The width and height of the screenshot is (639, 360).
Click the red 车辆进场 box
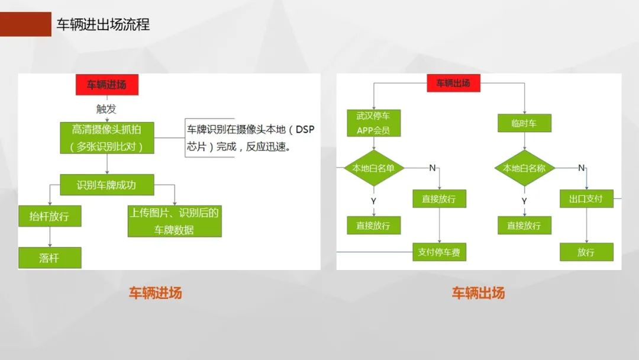[x=106, y=85]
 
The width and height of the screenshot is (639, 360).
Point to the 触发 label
[x=106, y=109]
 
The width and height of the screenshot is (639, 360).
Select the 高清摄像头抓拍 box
[x=106, y=137]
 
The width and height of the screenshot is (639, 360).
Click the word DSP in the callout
[x=305, y=130]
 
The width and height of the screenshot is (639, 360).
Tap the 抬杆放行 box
[x=49, y=216]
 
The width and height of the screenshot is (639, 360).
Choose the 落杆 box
[x=49, y=258]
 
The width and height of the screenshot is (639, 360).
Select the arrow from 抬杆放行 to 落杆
[x=49, y=237]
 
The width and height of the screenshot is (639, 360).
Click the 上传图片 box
[x=175, y=221]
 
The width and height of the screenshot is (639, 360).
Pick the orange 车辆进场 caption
[x=156, y=292]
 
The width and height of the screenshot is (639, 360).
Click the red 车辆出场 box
[x=453, y=83]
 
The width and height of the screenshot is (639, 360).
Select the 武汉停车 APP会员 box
[x=373, y=123]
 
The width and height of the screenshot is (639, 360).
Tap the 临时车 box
[x=524, y=123]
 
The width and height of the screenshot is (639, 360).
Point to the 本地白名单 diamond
[x=373, y=168]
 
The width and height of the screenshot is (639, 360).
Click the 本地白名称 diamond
[x=524, y=168]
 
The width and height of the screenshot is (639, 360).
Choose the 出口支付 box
[x=586, y=199]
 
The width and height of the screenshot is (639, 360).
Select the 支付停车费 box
[x=439, y=252]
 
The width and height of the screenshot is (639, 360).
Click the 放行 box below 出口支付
[x=586, y=252]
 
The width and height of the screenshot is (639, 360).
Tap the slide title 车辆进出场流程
[x=103, y=24]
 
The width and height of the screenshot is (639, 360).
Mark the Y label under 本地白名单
[x=373, y=201]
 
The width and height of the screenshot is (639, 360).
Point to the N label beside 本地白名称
[x=581, y=168]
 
